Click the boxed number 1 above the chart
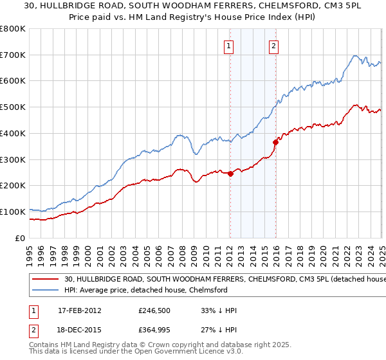(x=229, y=46)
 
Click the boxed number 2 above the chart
(x=274, y=46)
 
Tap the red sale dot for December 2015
(x=275, y=142)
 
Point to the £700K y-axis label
(x=13, y=55)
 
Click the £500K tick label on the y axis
(x=13, y=107)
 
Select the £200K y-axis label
(x=13, y=186)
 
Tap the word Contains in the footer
(x=44, y=345)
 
